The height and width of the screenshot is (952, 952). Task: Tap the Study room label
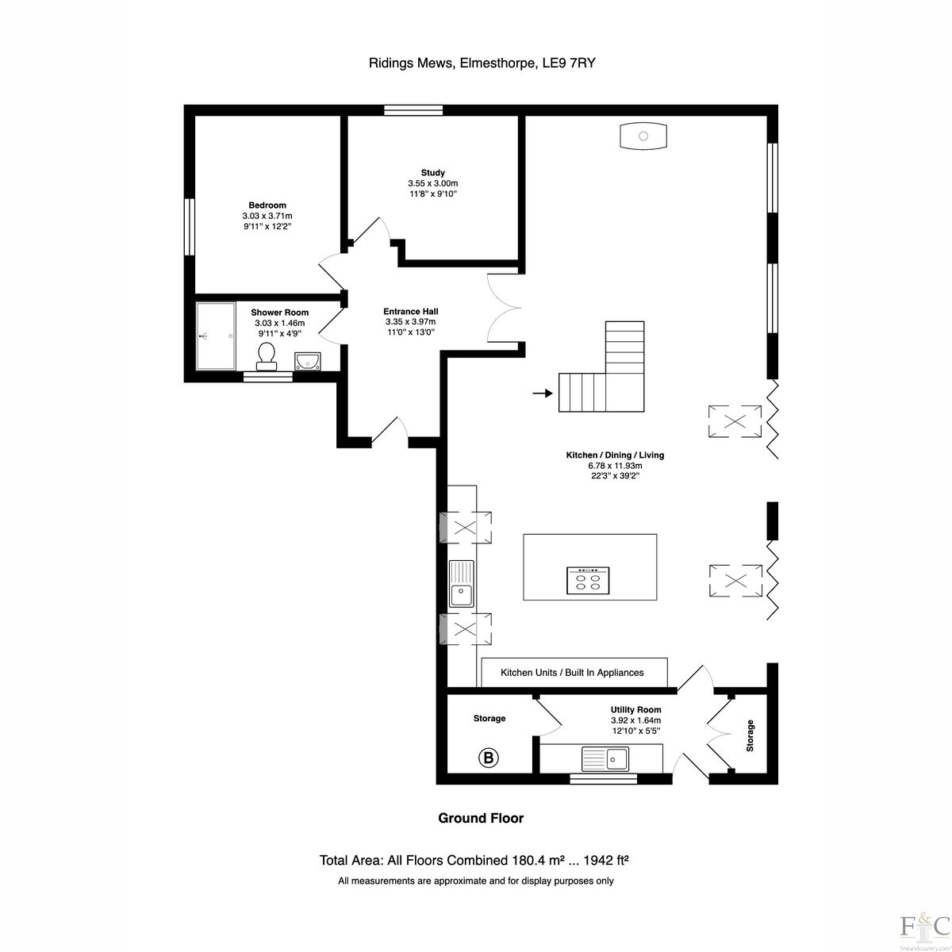click(x=432, y=172)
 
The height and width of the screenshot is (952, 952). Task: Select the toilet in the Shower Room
click(x=267, y=355)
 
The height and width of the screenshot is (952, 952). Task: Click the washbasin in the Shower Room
click(x=306, y=362)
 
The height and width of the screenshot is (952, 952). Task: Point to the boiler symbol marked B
click(x=489, y=758)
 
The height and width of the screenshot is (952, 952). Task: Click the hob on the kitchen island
click(x=588, y=581)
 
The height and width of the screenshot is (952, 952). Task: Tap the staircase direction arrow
click(x=542, y=393)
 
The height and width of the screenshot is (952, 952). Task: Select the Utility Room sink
click(x=605, y=758)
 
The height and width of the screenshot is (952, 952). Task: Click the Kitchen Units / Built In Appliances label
click(x=572, y=673)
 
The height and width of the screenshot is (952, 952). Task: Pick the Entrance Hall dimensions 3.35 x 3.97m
click(x=410, y=321)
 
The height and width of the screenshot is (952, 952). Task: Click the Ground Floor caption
click(x=481, y=818)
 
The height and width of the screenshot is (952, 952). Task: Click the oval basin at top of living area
click(x=643, y=136)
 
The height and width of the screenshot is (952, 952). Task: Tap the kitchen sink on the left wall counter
click(x=460, y=584)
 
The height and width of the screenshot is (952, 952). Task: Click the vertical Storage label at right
click(x=750, y=735)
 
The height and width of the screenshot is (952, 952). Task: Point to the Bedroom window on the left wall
click(x=190, y=226)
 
